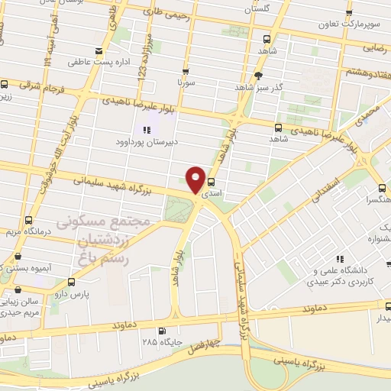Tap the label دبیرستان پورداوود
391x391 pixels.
145,142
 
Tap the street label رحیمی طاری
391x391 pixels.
164,10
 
